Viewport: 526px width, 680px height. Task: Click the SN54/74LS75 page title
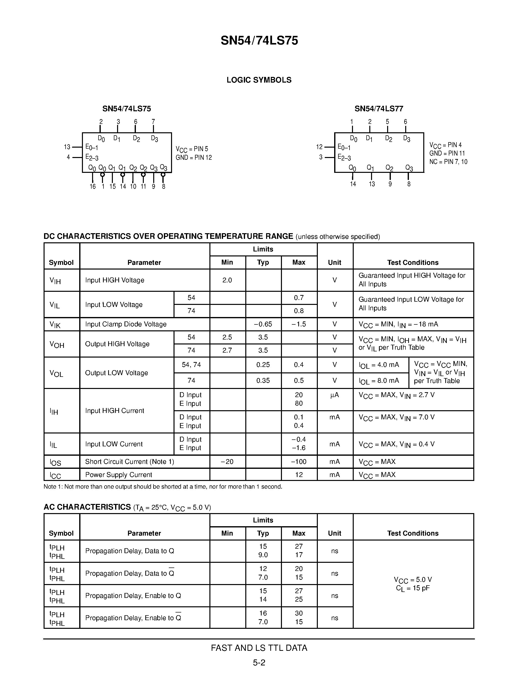pyautogui.click(x=259, y=41)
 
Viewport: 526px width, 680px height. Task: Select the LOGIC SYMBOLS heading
pyautogui.click(x=259, y=80)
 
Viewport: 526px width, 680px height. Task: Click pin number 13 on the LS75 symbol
pyautogui.click(x=67, y=147)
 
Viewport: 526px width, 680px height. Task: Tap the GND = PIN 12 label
pyautogui.click(x=194, y=158)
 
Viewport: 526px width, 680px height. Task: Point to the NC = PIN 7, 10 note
pyautogui.click(x=448, y=162)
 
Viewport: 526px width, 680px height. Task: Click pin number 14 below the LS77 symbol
pyautogui.click(x=353, y=184)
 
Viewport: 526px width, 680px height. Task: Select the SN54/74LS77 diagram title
pyautogui.click(x=379, y=109)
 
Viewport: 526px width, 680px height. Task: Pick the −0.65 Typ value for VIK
pyautogui.click(x=263, y=324)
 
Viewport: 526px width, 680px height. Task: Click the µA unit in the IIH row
pyautogui.click(x=334, y=395)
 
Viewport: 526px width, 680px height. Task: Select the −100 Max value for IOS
pyautogui.click(x=299, y=461)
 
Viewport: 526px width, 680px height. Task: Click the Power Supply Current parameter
pyautogui.click(x=118, y=475)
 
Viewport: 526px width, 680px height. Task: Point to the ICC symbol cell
pyautogui.click(x=55, y=475)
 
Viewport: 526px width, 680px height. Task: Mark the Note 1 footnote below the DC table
pyautogui.click(x=163, y=486)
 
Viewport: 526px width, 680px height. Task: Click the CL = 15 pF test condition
pyautogui.click(x=413, y=588)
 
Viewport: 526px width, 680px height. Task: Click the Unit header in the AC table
pyautogui.click(x=334, y=533)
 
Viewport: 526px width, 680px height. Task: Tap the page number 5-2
pyautogui.click(x=259, y=662)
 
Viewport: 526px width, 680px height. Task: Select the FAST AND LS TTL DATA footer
pyautogui.click(x=259, y=648)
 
